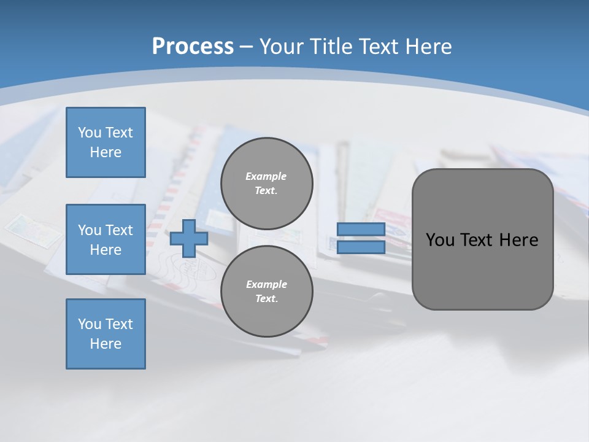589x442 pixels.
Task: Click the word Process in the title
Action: pos(193,47)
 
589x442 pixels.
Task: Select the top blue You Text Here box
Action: pos(106,142)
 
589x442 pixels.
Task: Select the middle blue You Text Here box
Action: pos(106,239)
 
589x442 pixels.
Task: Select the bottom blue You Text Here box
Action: pos(106,334)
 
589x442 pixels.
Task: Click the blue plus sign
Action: pos(189,239)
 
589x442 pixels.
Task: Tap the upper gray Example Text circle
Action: pos(266,184)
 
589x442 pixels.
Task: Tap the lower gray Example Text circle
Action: pos(266,292)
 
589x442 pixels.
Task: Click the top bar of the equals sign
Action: pos(361,230)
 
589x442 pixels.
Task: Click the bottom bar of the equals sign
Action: pos(361,247)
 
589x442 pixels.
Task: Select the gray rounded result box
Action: pos(482,270)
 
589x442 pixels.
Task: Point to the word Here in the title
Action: pos(428,47)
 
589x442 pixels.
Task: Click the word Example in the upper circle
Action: pos(266,176)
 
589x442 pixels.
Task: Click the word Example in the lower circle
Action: pos(266,284)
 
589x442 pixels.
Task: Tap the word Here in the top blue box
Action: pos(106,152)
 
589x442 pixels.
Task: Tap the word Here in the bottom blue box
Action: pos(106,344)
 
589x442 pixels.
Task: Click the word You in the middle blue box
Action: pos(88,230)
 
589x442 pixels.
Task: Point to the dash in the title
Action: pos(246,47)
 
